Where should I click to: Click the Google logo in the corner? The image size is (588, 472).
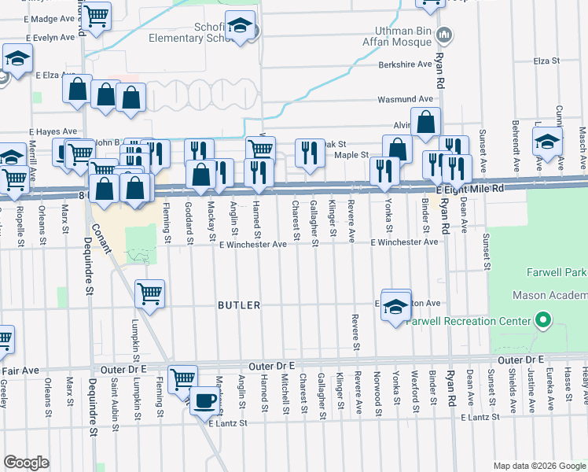[x=26, y=463]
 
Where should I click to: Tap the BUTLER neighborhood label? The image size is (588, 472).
[x=238, y=304]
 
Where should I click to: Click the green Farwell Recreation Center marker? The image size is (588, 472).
[x=542, y=321]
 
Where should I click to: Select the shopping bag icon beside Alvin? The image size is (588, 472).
[x=425, y=122]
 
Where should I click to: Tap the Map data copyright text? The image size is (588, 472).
[x=538, y=465]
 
